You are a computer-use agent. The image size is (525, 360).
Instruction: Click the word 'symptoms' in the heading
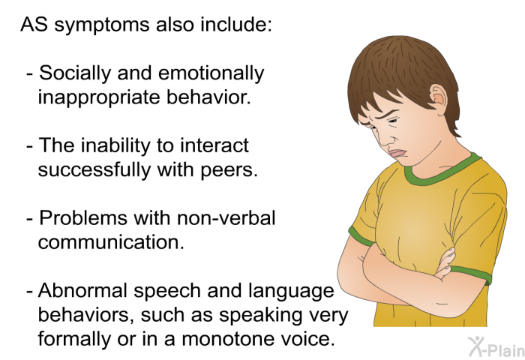coord(102,25)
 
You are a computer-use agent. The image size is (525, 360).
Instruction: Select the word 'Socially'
coord(75,73)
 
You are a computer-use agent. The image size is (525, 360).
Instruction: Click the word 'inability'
coord(115,146)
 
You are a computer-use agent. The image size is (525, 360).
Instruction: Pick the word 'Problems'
coord(83,218)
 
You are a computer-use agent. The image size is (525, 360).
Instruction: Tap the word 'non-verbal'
coord(226,218)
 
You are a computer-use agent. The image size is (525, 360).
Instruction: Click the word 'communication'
coord(111,242)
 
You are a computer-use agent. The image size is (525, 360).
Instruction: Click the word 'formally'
coord(73,340)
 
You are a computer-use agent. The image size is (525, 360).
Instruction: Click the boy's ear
coord(438,97)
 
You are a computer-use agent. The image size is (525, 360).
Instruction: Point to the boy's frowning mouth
coord(397,154)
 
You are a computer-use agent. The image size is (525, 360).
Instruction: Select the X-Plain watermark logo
coord(496,347)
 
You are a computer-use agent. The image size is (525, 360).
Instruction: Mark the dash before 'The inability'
coord(30,147)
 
